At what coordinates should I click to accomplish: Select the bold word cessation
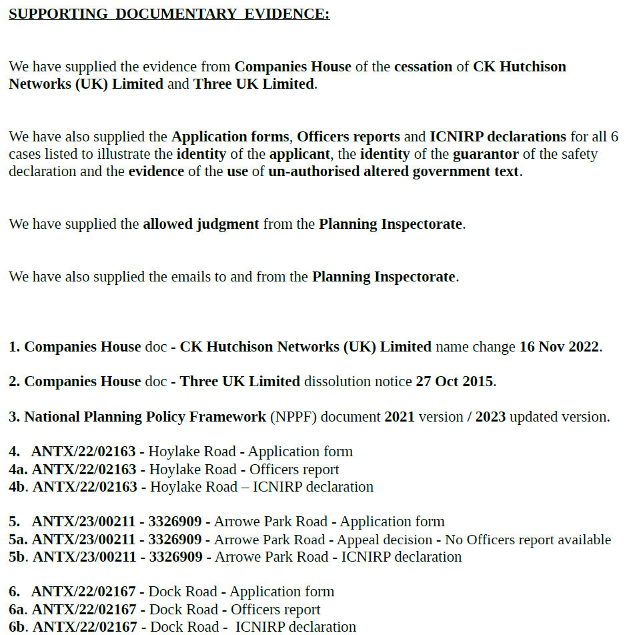(423, 67)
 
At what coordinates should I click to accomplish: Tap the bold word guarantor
(486, 154)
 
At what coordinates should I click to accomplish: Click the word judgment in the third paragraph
(227, 224)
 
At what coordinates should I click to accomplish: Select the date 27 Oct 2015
(454, 382)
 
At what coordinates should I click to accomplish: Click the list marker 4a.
(18, 470)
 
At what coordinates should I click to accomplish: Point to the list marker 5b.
(19, 557)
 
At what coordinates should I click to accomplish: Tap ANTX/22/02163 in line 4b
(84, 487)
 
